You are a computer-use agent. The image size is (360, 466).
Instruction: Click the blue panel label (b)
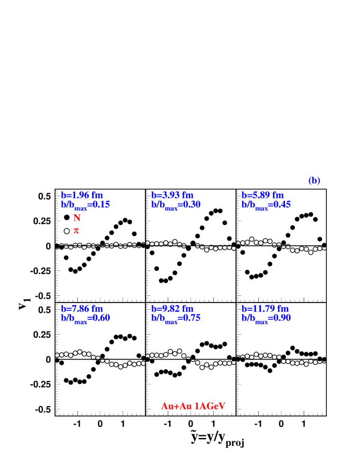(314, 181)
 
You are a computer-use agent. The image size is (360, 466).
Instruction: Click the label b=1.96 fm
(82, 195)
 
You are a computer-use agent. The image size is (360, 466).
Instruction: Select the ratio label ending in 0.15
(85, 205)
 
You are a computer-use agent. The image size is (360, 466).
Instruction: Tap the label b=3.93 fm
(172, 195)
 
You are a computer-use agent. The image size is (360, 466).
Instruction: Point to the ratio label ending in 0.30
(176, 205)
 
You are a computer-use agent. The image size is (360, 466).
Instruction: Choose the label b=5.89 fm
(262, 195)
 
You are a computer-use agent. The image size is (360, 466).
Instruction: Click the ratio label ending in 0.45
(266, 205)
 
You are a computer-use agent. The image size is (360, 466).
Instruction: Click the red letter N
(76, 218)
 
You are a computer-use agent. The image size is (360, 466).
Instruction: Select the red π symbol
(76, 230)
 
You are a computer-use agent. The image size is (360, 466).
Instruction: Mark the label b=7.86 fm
(82, 309)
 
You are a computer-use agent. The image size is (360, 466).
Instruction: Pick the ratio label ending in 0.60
(85, 318)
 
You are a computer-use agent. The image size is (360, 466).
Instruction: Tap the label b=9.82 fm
(172, 309)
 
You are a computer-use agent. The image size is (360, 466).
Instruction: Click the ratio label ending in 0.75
(176, 318)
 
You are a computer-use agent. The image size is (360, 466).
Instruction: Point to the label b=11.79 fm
(265, 309)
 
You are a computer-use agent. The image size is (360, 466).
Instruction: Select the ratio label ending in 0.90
(266, 318)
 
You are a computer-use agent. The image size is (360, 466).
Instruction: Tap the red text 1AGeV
(210, 406)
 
